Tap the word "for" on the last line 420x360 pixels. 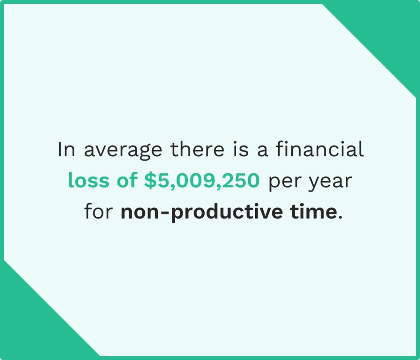(x=98, y=212)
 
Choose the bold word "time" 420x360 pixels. (x=315, y=212)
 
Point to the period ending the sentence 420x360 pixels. (x=339, y=217)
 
